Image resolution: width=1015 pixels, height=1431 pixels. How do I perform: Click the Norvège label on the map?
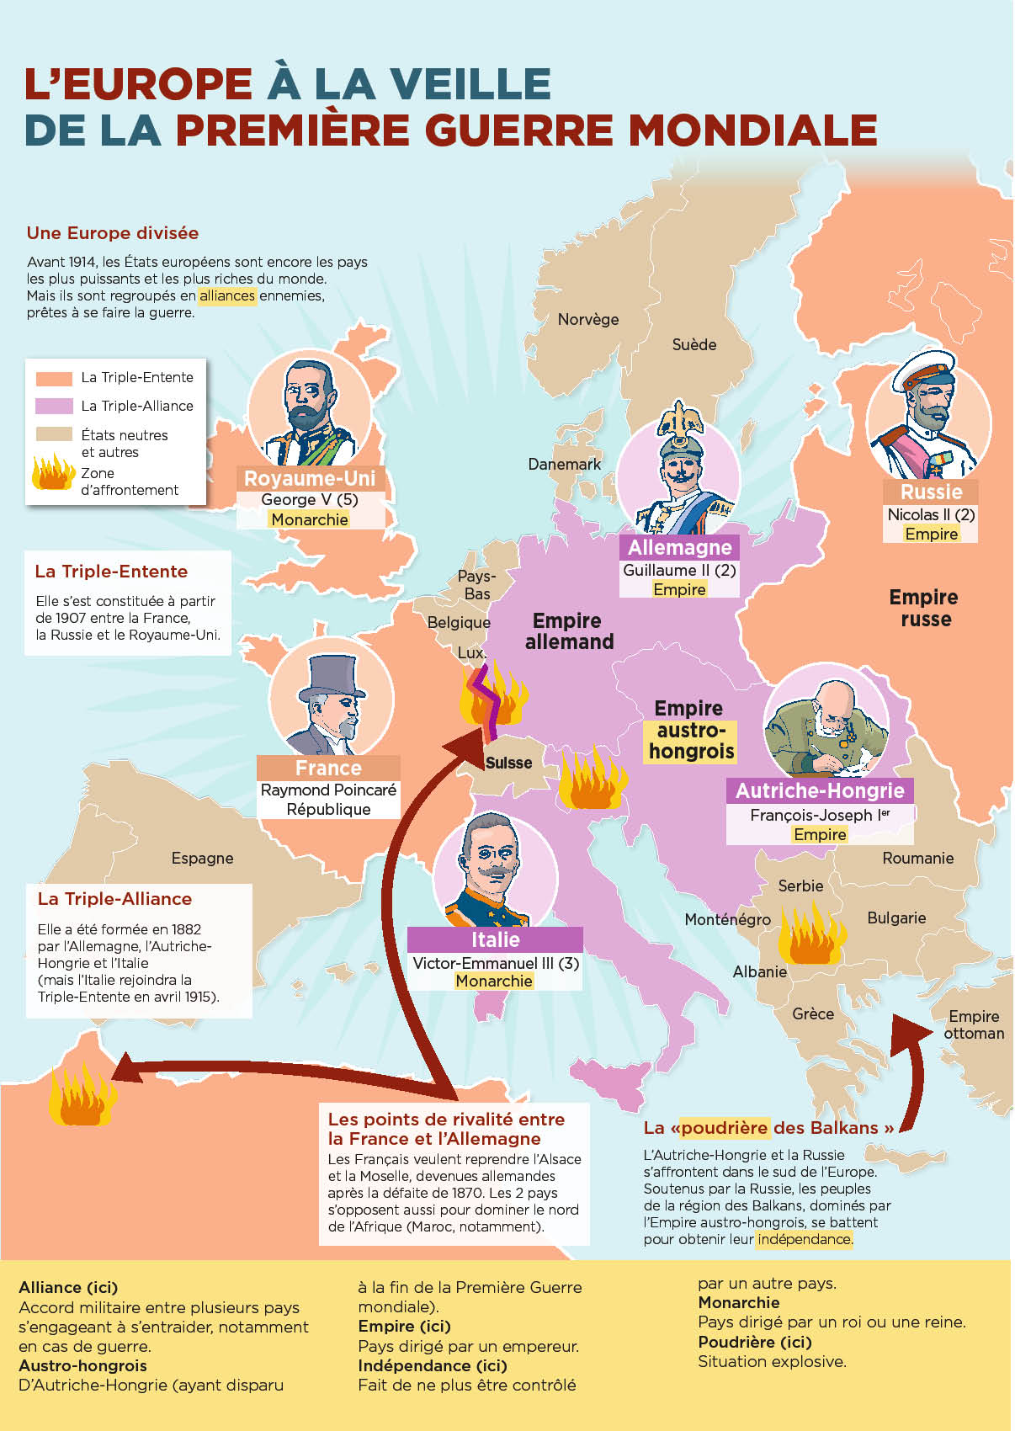tap(587, 320)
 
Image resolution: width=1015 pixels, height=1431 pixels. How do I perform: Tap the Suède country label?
tap(693, 345)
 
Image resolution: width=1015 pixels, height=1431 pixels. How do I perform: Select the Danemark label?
tap(564, 465)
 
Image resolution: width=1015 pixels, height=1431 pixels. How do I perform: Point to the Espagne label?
tap(202, 859)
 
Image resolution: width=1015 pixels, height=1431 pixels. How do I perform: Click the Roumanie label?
tap(917, 859)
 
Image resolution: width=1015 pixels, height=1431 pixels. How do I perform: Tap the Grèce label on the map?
tap(812, 1014)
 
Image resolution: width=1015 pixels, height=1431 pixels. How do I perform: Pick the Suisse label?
tap(508, 763)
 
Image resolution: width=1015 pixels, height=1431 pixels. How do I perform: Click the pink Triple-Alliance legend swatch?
tap(54, 406)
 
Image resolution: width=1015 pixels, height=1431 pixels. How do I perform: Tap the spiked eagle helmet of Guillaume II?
tap(681, 424)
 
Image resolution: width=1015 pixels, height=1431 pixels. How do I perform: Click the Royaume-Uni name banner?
tap(310, 478)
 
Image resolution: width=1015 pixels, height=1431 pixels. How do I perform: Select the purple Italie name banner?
tap(495, 939)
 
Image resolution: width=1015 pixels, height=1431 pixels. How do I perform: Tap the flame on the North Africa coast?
tap(80, 1096)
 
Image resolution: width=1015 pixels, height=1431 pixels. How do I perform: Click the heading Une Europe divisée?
tap(113, 233)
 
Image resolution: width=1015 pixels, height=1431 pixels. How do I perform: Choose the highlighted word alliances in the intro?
tap(227, 296)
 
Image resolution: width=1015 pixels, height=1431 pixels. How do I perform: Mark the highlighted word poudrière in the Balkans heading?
tap(724, 1128)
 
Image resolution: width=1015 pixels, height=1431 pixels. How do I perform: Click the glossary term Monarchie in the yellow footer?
tap(739, 1302)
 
